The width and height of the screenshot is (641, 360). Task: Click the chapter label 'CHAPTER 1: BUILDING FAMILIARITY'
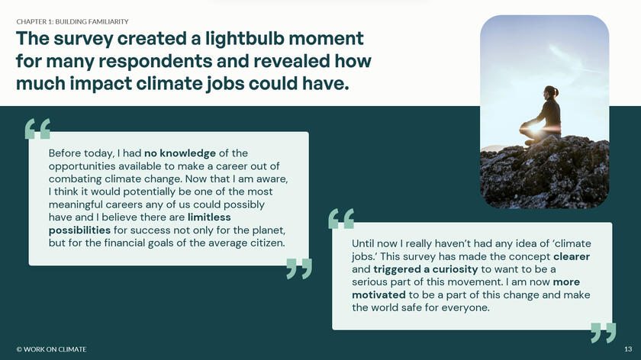(x=72, y=21)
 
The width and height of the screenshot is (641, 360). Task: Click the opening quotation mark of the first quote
(x=37, y=129)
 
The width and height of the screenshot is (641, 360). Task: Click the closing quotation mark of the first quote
(x=299, y=268)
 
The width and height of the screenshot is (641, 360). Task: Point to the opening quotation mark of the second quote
(x=341, y=219)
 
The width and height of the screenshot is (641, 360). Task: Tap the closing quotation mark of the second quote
(x=603, y=333)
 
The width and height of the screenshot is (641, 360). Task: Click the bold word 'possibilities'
(x=79, y=230)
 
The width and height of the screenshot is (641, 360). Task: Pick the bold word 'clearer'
(x=572, y=256)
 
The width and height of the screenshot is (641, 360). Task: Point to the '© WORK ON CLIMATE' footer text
(x=51, y=349)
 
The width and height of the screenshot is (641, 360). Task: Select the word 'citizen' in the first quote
(x=264, y=243)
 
